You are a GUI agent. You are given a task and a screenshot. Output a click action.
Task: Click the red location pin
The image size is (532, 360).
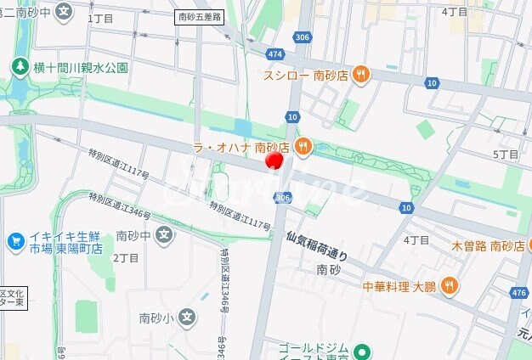[274, 160]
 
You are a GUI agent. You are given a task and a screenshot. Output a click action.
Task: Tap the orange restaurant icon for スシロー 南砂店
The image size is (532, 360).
[361, 75]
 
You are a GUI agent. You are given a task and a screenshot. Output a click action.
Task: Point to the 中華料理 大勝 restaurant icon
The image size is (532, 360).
[449, 285]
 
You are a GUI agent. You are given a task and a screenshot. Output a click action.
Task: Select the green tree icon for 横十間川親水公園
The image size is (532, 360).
[19, 66]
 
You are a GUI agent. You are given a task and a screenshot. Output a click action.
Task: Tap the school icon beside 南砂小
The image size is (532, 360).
[187, 318]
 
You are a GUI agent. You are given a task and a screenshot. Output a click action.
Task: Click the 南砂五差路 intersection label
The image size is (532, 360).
[198, 17]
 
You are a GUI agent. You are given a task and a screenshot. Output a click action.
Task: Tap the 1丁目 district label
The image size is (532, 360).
[100, 18]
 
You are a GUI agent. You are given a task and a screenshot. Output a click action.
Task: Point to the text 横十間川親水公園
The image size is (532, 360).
[81, 67]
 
